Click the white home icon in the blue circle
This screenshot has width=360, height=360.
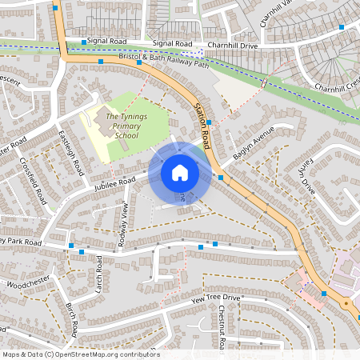click(x=179, y=173)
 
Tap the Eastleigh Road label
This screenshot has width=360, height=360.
click(x=70, y=155)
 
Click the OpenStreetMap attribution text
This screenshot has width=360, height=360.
click(x=81, y=354)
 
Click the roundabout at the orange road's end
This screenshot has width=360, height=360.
click(x=346, y=304)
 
